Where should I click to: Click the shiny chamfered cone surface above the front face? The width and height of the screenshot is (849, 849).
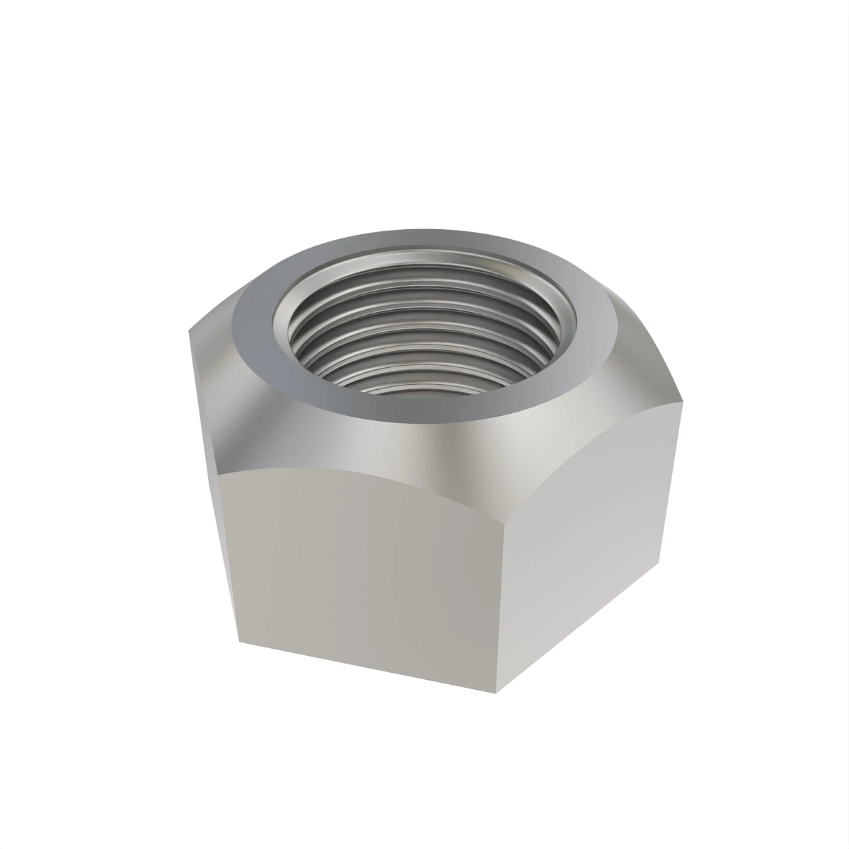396,446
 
